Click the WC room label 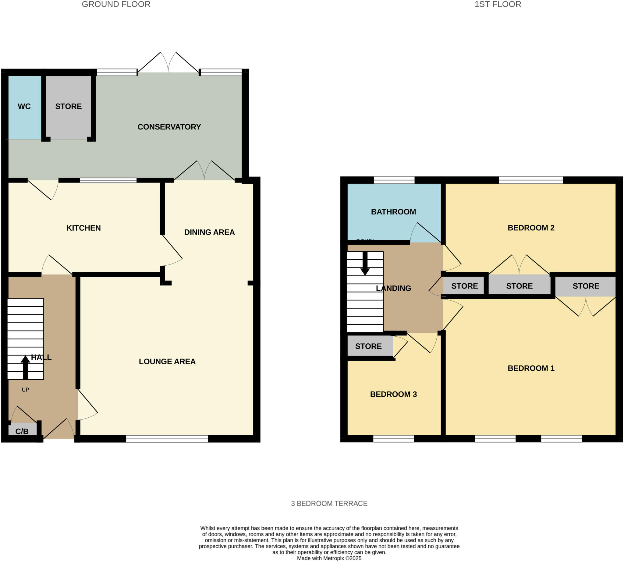click(x=24, y=106)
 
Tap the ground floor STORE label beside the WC click(x=68, y=106)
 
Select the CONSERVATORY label click(x=169, y=127)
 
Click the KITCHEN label click(x=83, y=228)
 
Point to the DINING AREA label click(x=209, y=232)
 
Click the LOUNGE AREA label click(x=167, y=361)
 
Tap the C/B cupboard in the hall click(x=22, y=431)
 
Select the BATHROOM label click(x=393, y=212)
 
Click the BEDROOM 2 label click(x=530, y=228)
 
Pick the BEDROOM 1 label click(x=530, y=368)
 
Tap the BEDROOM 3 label click(x=393, y=394)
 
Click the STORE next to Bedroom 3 click(x=368, y=346)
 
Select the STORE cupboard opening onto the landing click(x=464, y=286)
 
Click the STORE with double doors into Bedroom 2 click(x=519, y=286)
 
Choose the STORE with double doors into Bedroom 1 click(x=585, y=286)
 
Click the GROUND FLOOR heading click(x=116, y=4)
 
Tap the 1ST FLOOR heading click(x=498, y=4)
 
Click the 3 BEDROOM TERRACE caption click(x=329, y=504)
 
